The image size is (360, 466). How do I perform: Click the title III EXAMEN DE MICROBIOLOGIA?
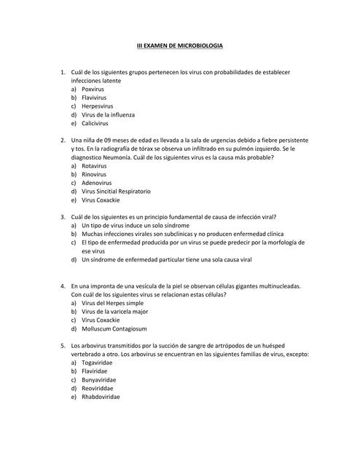click(180, 46)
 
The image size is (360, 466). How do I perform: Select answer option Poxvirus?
click(93, 89)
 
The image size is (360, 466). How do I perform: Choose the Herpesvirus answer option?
click(97, 106)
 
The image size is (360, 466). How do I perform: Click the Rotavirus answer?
click(94, 166)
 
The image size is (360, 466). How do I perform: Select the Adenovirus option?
click(96, 183)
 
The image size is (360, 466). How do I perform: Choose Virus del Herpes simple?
click(112, 303)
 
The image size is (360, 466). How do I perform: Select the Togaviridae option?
click(98, 363)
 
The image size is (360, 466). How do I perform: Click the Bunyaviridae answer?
click(99, 380)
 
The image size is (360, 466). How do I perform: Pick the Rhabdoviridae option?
click(101, 398)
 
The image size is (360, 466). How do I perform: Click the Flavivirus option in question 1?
click(95, 98)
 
